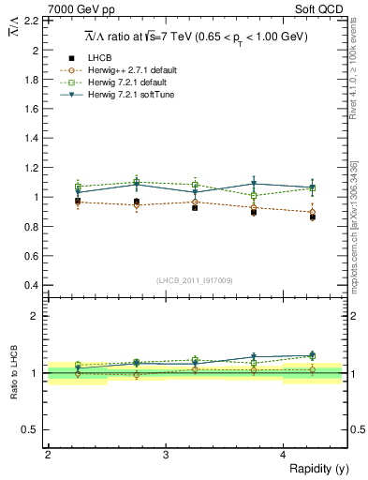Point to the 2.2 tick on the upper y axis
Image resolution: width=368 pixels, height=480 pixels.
coord(33,20)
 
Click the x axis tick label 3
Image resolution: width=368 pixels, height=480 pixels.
coord(165,456)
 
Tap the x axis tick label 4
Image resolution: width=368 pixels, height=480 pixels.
coord(283,456)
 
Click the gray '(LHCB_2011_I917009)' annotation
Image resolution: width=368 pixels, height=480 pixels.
coord(195,280)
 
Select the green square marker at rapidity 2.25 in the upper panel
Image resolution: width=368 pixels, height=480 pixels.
coord(78,187)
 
